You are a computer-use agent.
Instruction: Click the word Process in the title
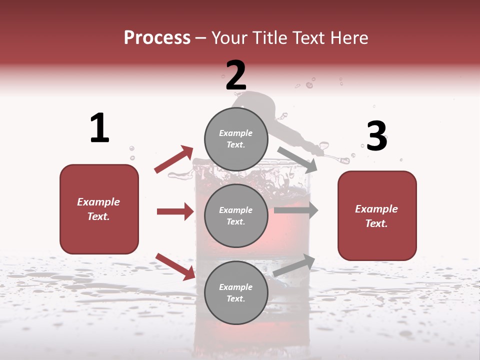[157, 38]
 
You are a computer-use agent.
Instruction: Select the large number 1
[99, 128]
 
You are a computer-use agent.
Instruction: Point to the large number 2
[236, 75]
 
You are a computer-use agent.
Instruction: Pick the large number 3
[376, 136]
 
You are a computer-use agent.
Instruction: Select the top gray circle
[236, 139]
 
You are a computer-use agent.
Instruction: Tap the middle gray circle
[236, 216]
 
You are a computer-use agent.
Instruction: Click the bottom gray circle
[236, 293]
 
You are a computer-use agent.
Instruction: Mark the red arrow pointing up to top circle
[174, 159]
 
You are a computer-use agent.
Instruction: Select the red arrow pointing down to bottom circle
[175, 266]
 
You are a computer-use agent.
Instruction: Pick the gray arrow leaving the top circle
[297, 159]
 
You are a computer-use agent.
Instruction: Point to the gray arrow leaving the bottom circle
[294, 265]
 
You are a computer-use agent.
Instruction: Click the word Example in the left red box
[98, 202]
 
